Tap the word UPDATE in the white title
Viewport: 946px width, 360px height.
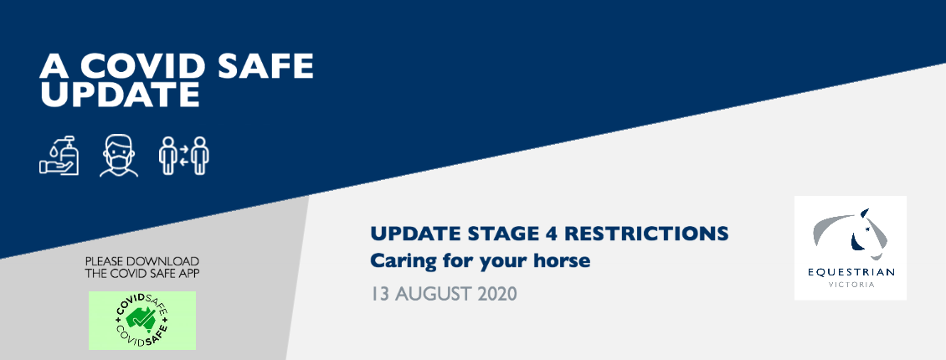(x=120, y=95)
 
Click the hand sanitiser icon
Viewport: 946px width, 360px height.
(x=59, y=156)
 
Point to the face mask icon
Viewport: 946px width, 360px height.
(x=119, y=156)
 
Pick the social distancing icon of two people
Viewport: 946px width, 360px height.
(x=184, y=156)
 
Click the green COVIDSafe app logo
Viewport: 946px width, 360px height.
(x=142, y=321)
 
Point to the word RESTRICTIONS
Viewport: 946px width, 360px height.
(x=649, y=234)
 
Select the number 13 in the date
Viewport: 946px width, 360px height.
(x=379, y=294)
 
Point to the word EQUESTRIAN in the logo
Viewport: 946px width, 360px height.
(x=851, y=272)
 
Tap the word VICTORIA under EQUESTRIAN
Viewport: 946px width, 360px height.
(x=851, y=285)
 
